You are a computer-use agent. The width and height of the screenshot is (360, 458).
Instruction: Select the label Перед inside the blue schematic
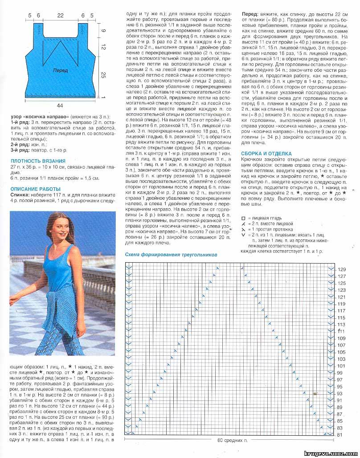tap(61, 70)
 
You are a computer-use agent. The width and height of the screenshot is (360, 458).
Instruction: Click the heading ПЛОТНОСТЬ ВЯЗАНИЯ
tap(38, 161)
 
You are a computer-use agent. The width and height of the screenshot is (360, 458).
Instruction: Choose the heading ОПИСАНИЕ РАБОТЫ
tap(35, 188)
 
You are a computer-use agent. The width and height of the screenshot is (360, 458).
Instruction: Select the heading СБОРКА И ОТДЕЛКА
tap(266, 154)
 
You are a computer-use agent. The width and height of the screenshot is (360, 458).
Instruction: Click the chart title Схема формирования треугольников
tap(171, 254)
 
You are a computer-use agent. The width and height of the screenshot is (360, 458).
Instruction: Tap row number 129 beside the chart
tap(341, 270)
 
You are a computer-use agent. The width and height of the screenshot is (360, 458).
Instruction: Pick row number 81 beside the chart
tap(340, 435)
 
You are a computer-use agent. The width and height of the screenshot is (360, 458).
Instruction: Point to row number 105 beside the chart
tap(341, 352)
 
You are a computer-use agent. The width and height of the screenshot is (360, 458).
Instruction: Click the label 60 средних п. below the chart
tap(232, 441)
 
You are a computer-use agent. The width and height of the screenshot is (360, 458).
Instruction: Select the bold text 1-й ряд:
tap(20, 123)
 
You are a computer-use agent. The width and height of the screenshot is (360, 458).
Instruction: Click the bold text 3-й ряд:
tap(20, 150)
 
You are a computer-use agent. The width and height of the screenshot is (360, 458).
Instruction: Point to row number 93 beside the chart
tap(340, 394)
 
